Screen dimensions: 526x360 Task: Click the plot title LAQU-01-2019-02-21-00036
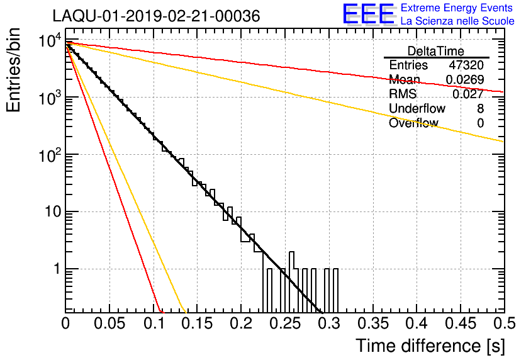pos(156,16)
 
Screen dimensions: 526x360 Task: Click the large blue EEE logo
pos(369,14)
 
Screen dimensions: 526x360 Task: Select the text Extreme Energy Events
pos(457,8)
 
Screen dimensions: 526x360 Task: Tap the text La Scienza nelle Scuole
pos(457,21)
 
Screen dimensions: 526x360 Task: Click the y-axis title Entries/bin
pos(13,70)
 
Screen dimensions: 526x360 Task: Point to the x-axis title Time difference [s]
pos(430,346)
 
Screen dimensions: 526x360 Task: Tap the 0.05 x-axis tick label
pos(109,323)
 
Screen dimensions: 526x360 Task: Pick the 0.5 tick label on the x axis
pos(504,323)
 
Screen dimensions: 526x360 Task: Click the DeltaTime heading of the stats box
pos(436,51)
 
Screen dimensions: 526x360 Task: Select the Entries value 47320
pos(466,65)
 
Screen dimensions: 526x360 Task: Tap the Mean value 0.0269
pos(465,79)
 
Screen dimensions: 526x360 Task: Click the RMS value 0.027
pos(468,94)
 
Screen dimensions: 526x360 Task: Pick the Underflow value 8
pos(480,108)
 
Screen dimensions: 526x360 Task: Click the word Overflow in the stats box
pos(413,123)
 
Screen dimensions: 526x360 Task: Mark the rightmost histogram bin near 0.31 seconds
pos(335,290)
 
